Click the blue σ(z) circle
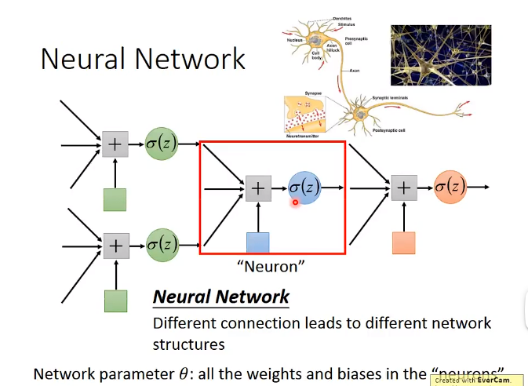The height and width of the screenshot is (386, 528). point(304,188)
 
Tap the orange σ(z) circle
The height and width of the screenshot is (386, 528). point(450,188)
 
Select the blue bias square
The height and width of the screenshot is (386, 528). point(258,243)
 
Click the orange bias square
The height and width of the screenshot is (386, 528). point(403,243)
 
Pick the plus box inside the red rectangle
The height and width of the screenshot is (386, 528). point(258,188)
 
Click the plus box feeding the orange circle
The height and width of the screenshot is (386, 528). point(403,188)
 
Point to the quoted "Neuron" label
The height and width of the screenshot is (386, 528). point(270,267)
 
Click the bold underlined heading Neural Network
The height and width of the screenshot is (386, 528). point(220,297)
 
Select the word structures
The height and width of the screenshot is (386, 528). point(188,344)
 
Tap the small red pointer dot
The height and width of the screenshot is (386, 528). point(296,202)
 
